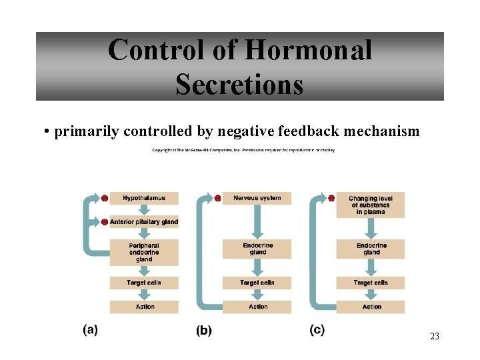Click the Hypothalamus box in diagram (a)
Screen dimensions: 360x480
[x=144, y=198]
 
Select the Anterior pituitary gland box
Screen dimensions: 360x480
[x=144, y=222]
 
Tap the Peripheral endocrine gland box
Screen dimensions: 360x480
[x=144, y=252]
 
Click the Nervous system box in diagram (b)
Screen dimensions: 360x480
[x=257, y=198]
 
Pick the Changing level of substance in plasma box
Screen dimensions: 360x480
[x=371, y=205]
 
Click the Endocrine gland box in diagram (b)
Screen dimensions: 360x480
[x=258, y=249]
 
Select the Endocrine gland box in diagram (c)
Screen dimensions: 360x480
[x=371, y=249]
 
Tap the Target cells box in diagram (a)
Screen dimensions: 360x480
[x=144, y=283]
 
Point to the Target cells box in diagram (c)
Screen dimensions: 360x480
[x=371, y=283]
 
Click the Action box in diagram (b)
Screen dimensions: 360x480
[x=258, y=307]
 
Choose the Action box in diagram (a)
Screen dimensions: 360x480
[x=144, y=307]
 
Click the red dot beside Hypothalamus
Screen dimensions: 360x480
[x=105, y=198]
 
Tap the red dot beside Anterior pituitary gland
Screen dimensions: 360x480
[x=105, y=221]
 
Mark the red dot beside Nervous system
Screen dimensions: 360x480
[x=217, y=198]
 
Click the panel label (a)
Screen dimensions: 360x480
[x=90, y=329]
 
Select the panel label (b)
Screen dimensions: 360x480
[x=203, y=330]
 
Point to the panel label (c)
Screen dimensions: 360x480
[x=317, y=329]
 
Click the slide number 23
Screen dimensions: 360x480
[x=435, y=337]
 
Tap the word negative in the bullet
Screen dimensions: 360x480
[x=261, y=131]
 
